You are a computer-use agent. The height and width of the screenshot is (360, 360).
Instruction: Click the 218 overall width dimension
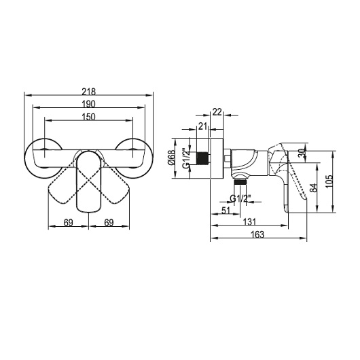point(88,92)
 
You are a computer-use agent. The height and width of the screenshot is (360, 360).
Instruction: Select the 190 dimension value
point(88,104)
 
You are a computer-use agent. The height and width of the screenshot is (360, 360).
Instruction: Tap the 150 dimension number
point(88,117)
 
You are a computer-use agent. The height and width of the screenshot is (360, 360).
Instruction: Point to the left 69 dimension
point(69,223)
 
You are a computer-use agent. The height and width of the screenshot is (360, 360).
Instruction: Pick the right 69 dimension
point(109,223)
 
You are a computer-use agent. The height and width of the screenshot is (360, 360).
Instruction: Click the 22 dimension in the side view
point(217,112)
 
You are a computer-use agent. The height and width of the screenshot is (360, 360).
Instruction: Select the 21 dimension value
point(202,126)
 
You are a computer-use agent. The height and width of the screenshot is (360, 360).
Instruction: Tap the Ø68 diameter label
point(171,158)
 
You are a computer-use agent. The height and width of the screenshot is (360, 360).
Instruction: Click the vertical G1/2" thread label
point(185,159)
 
